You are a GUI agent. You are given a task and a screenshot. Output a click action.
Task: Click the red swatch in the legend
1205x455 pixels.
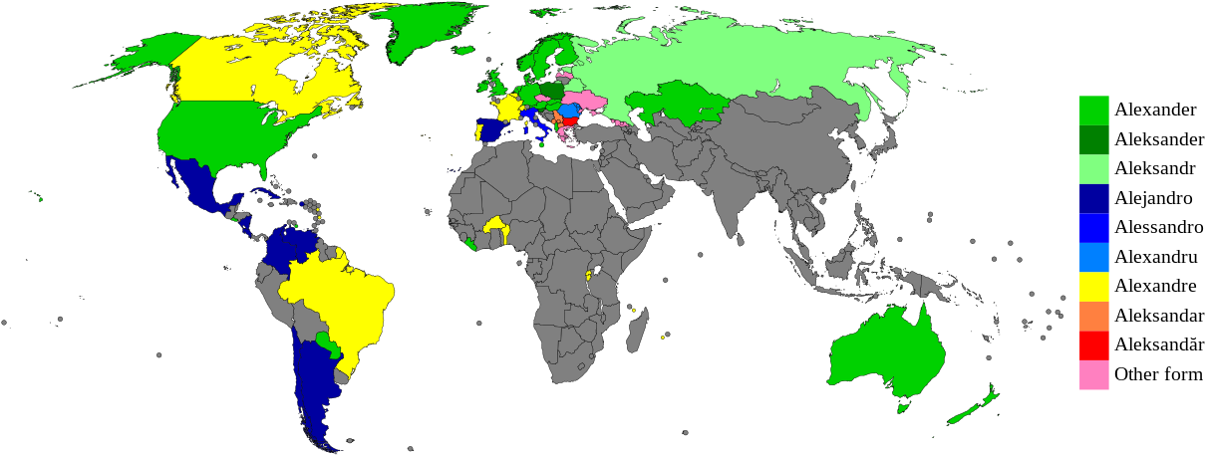point(1093,345)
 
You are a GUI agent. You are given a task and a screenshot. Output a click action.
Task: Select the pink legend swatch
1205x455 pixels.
point(1093,375)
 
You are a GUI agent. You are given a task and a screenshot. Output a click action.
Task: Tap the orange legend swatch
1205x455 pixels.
point(1093,316)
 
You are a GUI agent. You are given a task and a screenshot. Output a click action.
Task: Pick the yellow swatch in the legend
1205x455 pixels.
point(1093,287)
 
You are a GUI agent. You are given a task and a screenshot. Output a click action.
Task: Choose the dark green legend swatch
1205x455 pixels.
point(1093,139)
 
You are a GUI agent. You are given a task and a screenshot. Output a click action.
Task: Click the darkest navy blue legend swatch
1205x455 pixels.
point(1093,198)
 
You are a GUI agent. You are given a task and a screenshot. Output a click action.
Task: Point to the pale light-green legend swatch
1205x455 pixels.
point(1093,169)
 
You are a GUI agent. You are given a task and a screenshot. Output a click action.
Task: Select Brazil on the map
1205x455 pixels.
point(339,299)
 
